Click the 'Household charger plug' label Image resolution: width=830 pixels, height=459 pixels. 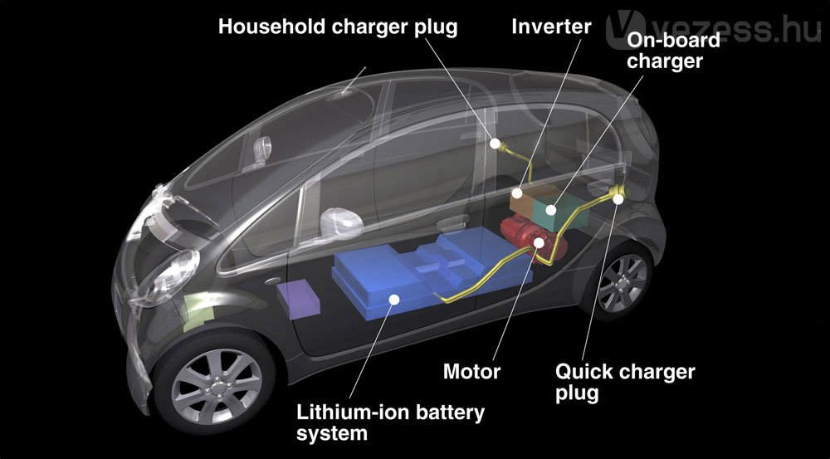click(338, 27)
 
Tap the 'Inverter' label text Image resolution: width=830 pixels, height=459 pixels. click(551, 27)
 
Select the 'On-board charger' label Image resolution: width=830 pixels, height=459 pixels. click(673, 51)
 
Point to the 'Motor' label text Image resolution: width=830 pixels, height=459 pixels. click(471, 371)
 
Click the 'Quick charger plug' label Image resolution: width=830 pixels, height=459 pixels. click(625, 383)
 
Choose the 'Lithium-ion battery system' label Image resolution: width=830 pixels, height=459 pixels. click(391, 422)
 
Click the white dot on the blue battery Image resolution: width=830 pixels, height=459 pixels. click(393, 300)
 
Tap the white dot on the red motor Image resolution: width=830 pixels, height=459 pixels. click(539, 243)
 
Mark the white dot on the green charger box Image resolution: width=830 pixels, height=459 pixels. click(551, 210)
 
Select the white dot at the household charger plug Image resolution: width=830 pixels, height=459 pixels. click(495, 144)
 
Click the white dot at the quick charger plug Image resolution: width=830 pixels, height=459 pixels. click(618, 198)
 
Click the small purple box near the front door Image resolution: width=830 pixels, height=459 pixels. click(299, 299)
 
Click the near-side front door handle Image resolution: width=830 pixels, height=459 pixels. click(273, 281)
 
